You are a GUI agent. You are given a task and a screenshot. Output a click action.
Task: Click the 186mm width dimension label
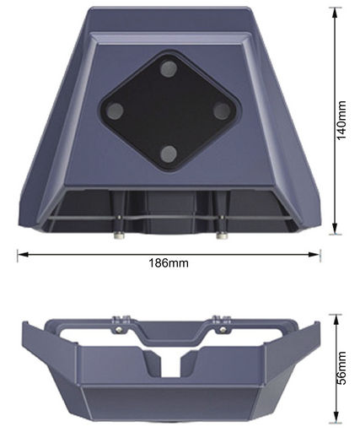click(169, 263)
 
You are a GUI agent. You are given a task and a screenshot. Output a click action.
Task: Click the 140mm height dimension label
click(341, 120)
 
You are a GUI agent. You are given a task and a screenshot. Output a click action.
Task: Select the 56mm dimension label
click(341, 368)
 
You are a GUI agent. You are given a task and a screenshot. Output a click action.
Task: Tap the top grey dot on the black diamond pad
click(169, 69)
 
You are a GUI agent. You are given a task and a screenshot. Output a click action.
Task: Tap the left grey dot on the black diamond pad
click(116, 111)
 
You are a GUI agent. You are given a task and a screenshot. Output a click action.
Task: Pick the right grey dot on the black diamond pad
click(222, 111)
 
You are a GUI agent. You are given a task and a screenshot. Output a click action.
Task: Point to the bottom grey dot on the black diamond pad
click(169, 154)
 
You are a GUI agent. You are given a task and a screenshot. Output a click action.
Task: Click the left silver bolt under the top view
click(119, 235)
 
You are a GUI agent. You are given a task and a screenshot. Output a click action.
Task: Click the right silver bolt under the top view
click(222, 235)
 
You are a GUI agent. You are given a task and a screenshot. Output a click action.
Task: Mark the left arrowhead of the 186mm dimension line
click(23, 255)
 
